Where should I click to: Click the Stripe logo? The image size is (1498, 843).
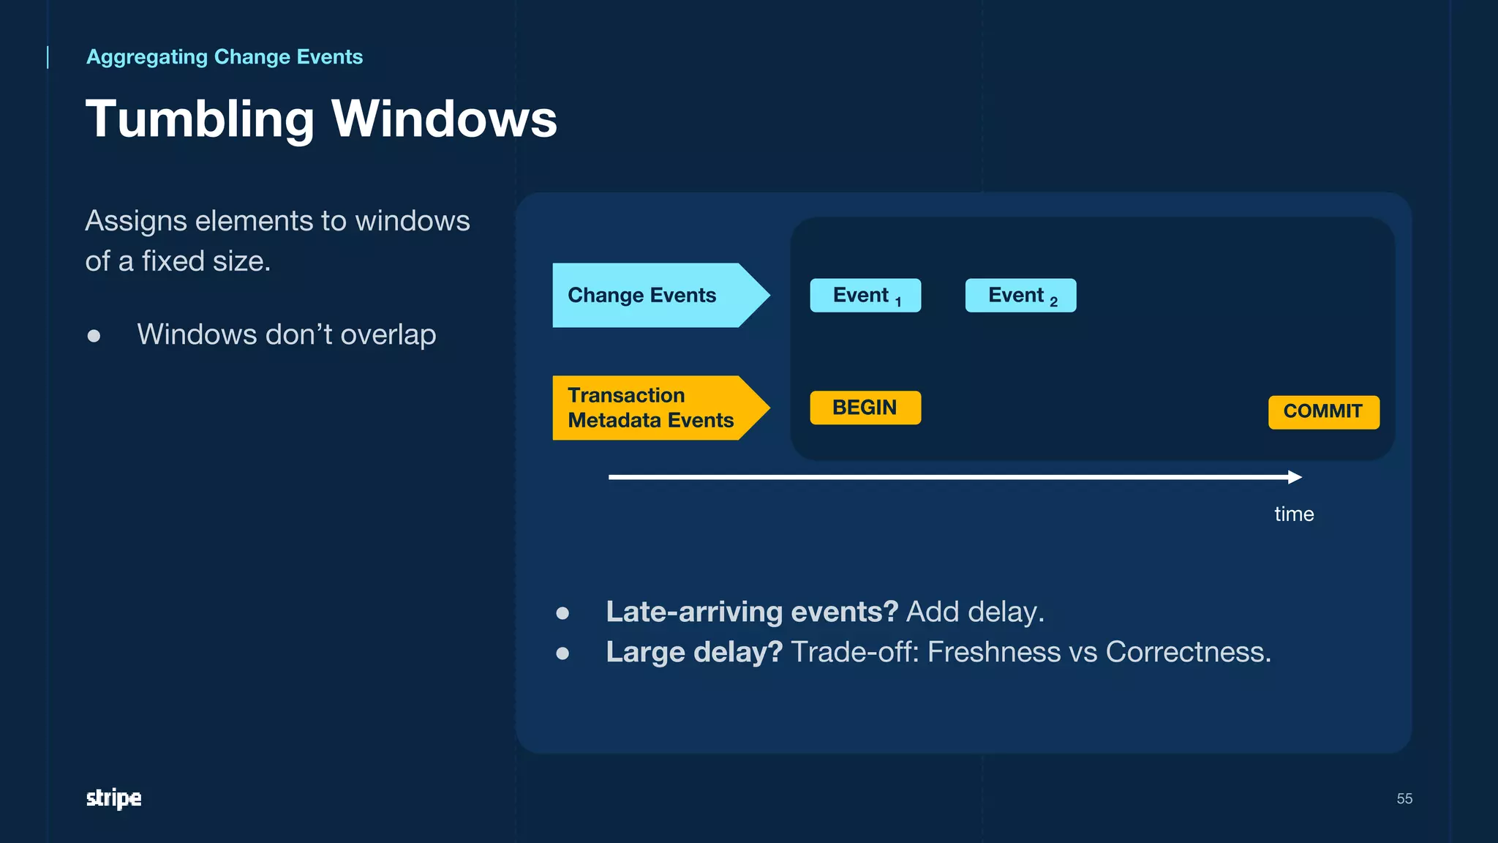click(113, 798)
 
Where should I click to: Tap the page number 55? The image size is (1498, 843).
click(1404, 798)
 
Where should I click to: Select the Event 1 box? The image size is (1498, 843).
click(865, 296)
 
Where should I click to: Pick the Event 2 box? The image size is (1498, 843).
click(1020, 296)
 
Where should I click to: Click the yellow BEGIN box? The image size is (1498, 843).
click(865, 408)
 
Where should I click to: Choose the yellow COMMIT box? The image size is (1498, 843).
click(1323, 412)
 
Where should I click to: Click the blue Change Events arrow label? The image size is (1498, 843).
click(651, 295)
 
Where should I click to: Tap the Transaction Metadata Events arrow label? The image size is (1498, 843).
click(651, 408)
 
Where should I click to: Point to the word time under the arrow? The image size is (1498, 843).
click(1294, 514)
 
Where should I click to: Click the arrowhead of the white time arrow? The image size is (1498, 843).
click(1295, 477)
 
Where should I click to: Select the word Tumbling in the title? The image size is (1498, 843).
click(200, 119)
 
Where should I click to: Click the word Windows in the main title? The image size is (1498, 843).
click(444, 119)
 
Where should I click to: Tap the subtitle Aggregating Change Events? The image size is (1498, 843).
click(225, 57)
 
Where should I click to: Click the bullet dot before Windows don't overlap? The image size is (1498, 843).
click(94, 336)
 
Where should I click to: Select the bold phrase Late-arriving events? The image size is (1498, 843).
click(751, 612)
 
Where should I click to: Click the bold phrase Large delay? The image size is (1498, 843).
click(693, 652)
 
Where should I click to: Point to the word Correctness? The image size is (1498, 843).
click(1188, 652)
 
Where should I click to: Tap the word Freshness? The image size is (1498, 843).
click(994, 652)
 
